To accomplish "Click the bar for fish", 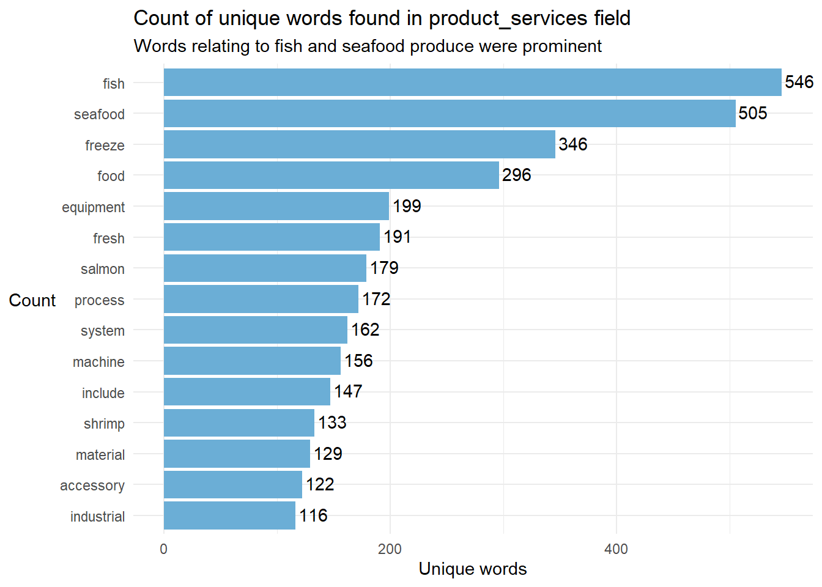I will tap(472, 83).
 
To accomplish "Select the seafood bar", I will tap(450, 114).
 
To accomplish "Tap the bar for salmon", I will tap(265, 268).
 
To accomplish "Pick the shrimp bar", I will tap(239, 423).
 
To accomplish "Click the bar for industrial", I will tap(229, 515).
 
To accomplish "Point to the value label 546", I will tap(799, 82).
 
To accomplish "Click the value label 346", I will tap(572, 144).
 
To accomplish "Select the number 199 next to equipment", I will tap(407, 206).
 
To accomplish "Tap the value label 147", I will tap(348, 391).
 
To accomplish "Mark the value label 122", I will tap(320, 484).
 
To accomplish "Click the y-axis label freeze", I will tap(105, 146).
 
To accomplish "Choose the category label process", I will tap(99, 300).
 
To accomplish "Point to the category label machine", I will tap(98, 362).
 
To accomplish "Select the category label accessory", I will tap(92, 485).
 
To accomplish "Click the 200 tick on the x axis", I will tap(390, 549).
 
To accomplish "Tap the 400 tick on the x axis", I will tap(616, 549).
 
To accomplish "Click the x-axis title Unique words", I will tap(472, 569).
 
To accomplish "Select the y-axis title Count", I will tap(32, 300).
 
